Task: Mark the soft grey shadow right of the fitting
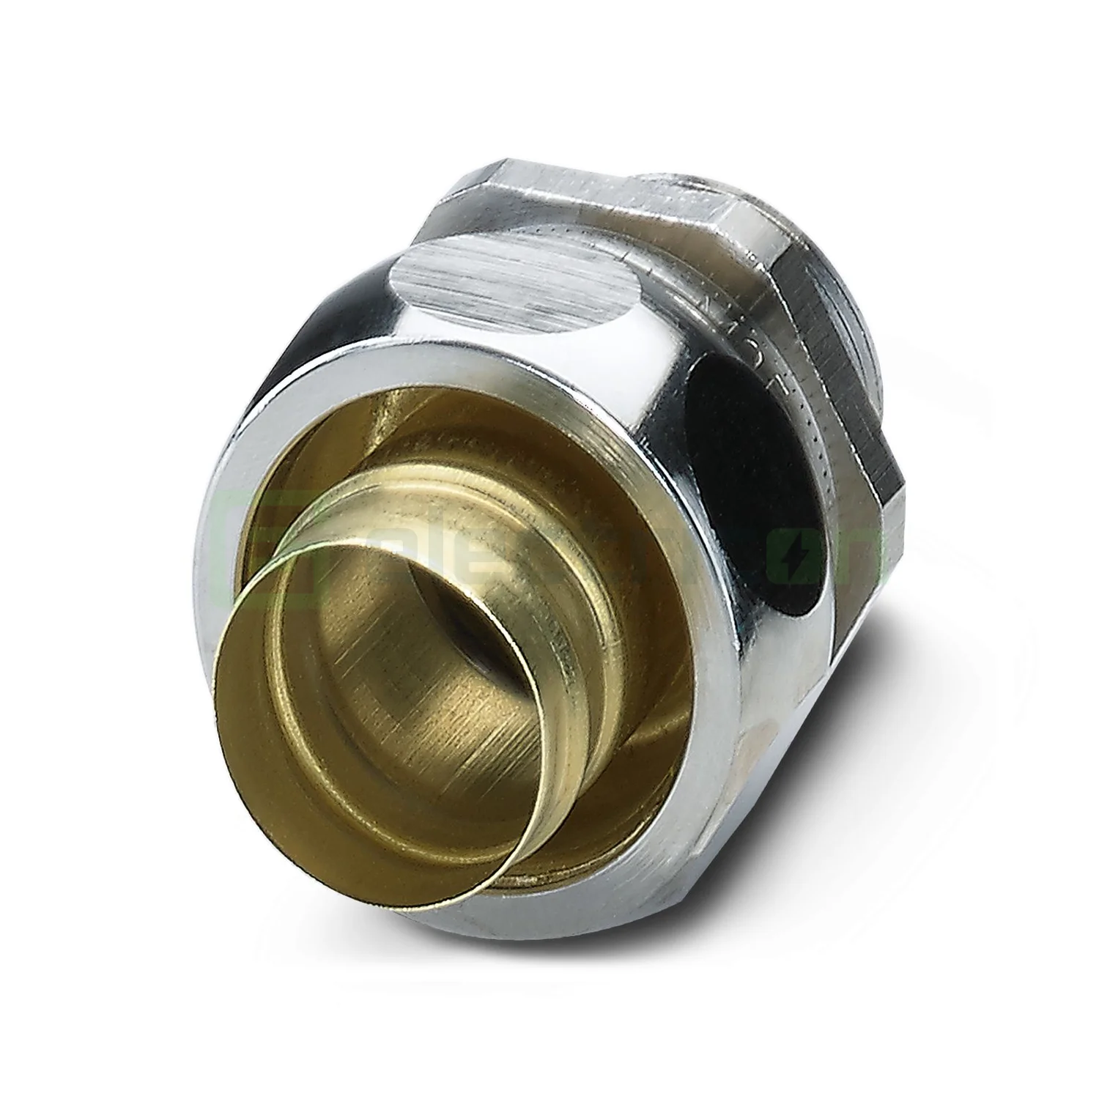[x=952, y=659]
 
